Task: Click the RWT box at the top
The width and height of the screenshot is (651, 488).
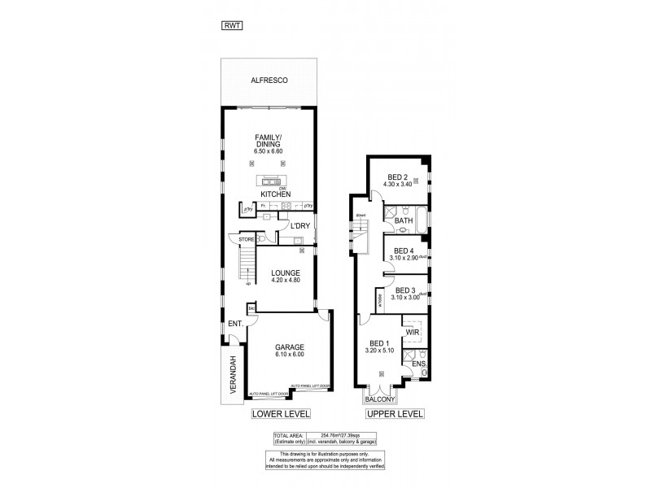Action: click(232, 26)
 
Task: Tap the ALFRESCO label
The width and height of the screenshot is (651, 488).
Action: click(269, 81)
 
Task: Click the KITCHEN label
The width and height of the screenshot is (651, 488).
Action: click(275, 194)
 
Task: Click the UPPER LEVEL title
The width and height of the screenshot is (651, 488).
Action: click(395, 415)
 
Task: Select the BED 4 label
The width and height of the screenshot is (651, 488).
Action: click(404, 251)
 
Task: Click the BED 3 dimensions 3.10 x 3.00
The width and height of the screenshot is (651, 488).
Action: click(405, 298)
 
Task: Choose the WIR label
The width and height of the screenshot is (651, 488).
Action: click(412, 332)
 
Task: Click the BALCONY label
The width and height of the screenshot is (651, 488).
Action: click(380, 399)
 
